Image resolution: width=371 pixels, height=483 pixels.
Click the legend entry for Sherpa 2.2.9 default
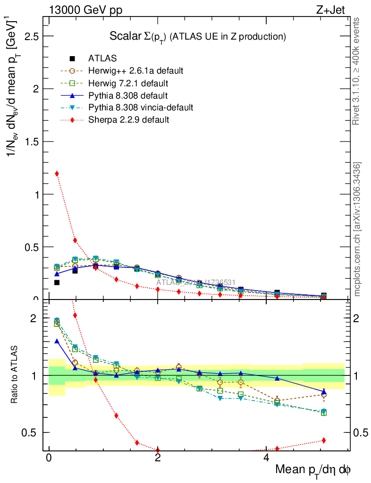coord(128,120)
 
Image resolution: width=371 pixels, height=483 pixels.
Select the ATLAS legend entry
coord(102,58)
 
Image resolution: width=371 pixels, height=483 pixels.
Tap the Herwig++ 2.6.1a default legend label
coord(135,71)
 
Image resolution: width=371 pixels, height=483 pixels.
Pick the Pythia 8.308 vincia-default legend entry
coord(140,108)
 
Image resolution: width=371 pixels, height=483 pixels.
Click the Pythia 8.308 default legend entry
coord(128,95)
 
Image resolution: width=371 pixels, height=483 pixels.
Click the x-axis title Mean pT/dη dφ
coord(313,470)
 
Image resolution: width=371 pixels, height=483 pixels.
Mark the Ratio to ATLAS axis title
coord(14,375)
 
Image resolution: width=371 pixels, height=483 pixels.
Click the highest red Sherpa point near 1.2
coord(57,174)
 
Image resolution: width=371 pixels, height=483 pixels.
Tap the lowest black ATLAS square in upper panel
coord(57,283)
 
